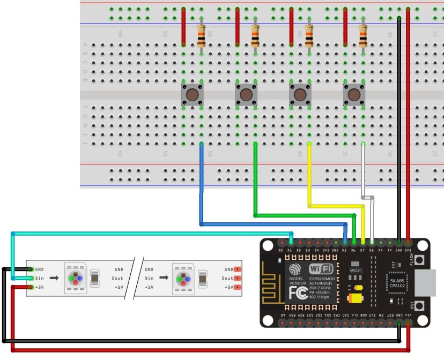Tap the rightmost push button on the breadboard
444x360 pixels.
coord(353,95)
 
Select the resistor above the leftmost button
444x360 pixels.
coord(202,36)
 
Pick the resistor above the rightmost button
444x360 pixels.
coord(363,36)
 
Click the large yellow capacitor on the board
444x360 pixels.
coord(354,298)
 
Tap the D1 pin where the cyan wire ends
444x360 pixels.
coord(290,243)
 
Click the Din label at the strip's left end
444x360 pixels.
coord(39,279)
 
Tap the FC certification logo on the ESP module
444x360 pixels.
coord(298,293)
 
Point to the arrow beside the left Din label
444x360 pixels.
coord(55,279)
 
